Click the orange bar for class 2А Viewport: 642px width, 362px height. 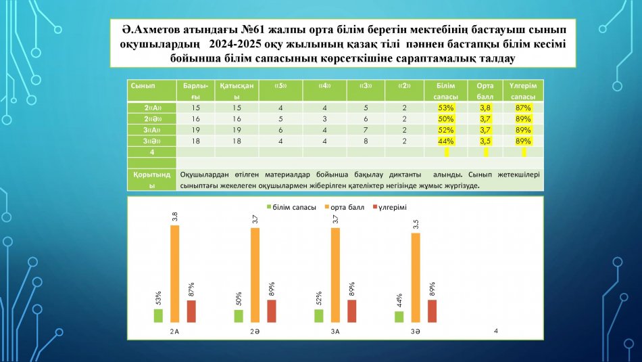click(x=175, y=274)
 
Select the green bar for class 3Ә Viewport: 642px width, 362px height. click(x=399, y=317)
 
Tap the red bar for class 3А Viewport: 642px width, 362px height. click(x=352, y=311)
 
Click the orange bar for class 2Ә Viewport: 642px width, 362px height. click(x=255, y=275)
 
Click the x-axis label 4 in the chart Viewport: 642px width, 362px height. click(x=496, y=331)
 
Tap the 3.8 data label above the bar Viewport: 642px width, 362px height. click(x=175, y=217)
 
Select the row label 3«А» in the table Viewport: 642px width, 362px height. click(x=151, y=130)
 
